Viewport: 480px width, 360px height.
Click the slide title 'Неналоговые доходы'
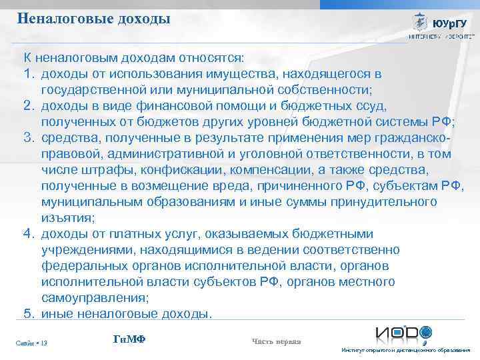coord(94,19)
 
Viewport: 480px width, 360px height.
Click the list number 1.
coord(29,72)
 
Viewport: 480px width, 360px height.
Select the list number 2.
coord(29,105)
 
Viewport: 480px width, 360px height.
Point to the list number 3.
coord(29,137)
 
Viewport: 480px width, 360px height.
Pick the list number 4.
coord(29,233)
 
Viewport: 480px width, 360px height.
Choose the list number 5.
coord(29,313)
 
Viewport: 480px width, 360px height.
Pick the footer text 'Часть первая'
coord(276,341)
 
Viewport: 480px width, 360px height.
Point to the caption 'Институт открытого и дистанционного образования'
coord(405,351)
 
